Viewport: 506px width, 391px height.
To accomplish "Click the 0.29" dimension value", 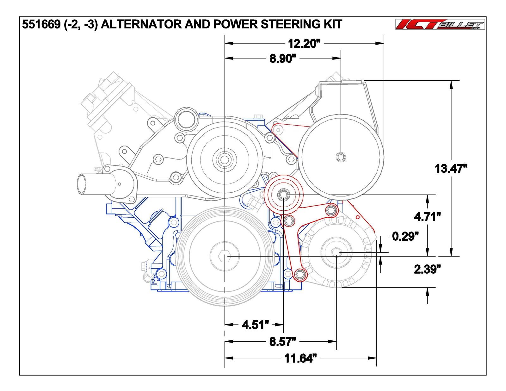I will pyautogui.click(x=405, y=236).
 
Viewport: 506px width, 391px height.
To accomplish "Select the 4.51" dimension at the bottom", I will pyautogui.click(x=255, y=325).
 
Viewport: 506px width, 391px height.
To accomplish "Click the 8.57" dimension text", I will pyautogui.click(x=283, y=342).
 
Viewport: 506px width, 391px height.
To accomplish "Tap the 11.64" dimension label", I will pyautogui.click(x=300, y=359).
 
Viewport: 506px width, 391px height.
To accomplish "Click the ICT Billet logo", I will pyautogui.click(x=440, y=24).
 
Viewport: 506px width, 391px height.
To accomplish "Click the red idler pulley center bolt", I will pyautogui.click(x=283, y=196).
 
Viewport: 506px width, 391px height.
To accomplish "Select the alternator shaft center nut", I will pyautogui.click(x=336, y=252).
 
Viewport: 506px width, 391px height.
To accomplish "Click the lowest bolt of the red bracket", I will pyautogui.click(x=300, y=274).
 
